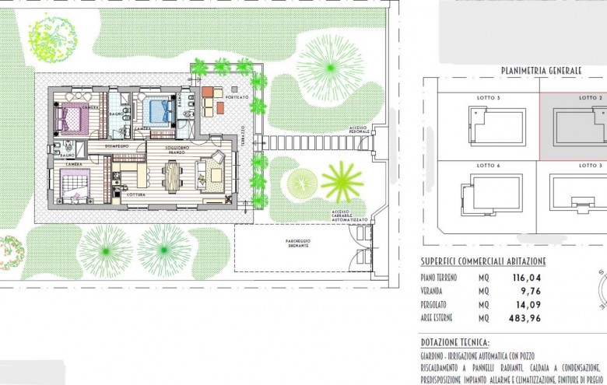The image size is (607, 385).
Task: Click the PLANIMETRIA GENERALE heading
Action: click(x=541, y=71)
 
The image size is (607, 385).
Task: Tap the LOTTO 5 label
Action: click(x=488, y=98)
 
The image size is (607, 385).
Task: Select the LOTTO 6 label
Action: click(x=488, y=166)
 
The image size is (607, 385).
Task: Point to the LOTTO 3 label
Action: click(x=591, y=166)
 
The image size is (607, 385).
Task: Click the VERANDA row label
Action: click(x=436, y=291)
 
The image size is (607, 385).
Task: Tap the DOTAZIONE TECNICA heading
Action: click(x=455, y=342)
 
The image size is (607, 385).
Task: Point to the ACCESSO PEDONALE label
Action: click(x=359, y=130)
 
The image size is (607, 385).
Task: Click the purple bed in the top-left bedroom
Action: click(x=73, y=118)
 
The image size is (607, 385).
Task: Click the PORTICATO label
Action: click(x=238, y=97)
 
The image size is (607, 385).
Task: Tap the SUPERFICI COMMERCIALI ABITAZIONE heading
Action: click(x=483, y=261)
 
